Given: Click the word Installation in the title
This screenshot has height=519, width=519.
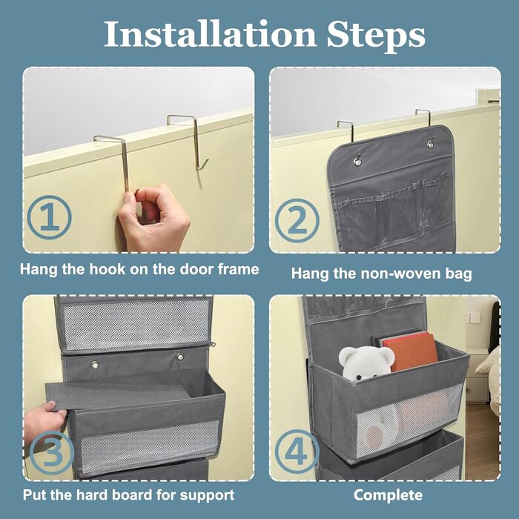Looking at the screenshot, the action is coord(210,34).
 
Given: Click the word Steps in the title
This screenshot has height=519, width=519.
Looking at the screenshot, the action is coord(376,36).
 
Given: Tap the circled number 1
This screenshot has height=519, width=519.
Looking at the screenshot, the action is coord(50,217).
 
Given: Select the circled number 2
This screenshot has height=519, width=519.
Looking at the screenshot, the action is coord(297,220).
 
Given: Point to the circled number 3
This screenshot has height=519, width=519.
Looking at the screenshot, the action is coord(52,453).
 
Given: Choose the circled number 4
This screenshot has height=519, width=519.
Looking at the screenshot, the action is coord(297,452).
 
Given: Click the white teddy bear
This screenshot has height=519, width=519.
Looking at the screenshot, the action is coord(366,363).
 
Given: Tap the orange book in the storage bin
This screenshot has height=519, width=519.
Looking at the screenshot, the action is coord(411,351).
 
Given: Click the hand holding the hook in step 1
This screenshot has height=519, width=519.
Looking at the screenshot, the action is coord(154,219).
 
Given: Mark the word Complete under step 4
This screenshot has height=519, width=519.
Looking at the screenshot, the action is coord(388,495).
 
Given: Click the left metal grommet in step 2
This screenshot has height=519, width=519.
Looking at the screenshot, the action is coord(357,161).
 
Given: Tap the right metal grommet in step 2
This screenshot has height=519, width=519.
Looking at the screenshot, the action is coord(431,144).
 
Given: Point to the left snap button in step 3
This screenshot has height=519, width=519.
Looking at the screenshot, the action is coord(95,365).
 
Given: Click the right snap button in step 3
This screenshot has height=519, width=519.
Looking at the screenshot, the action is coord(180,357).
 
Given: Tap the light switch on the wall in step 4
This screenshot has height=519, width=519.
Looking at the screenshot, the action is coord(475,318).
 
